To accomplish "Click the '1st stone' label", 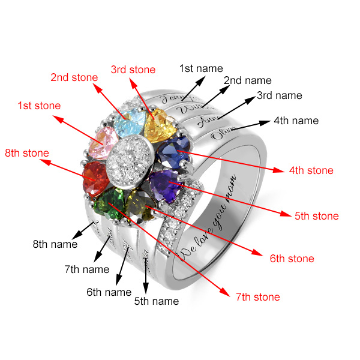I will (39, 106).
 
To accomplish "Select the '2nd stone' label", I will (73, 77).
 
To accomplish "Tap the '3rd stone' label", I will (133, 70).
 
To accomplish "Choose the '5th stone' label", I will (317, 215).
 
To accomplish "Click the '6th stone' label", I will (292, 259).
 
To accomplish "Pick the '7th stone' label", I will (257, 296).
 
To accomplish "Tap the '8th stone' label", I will (27, 153).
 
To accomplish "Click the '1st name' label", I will (202, 68).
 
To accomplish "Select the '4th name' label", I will (296, 121).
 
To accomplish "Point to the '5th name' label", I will (157, 301).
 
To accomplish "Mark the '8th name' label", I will (55, 244).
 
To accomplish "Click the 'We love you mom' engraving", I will (207, 216).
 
